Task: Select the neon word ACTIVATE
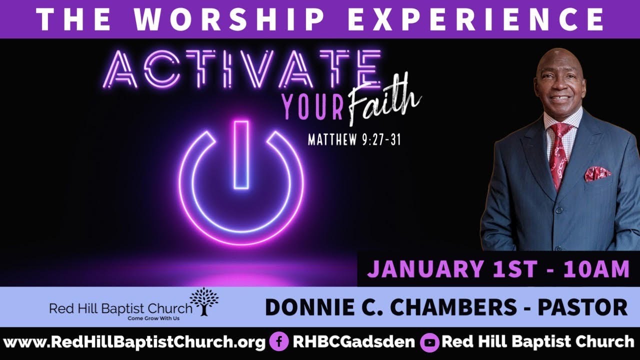[x=244, y=72]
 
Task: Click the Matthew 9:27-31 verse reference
[x=354, y=139]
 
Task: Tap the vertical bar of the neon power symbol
[x=241, y=155]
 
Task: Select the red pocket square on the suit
[x=598, y=173]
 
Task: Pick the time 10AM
[x=595, y=269]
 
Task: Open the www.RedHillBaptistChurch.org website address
[x=134, y=342]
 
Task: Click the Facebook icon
[x=278, y=342]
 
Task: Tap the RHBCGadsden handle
[x=353, y=342]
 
